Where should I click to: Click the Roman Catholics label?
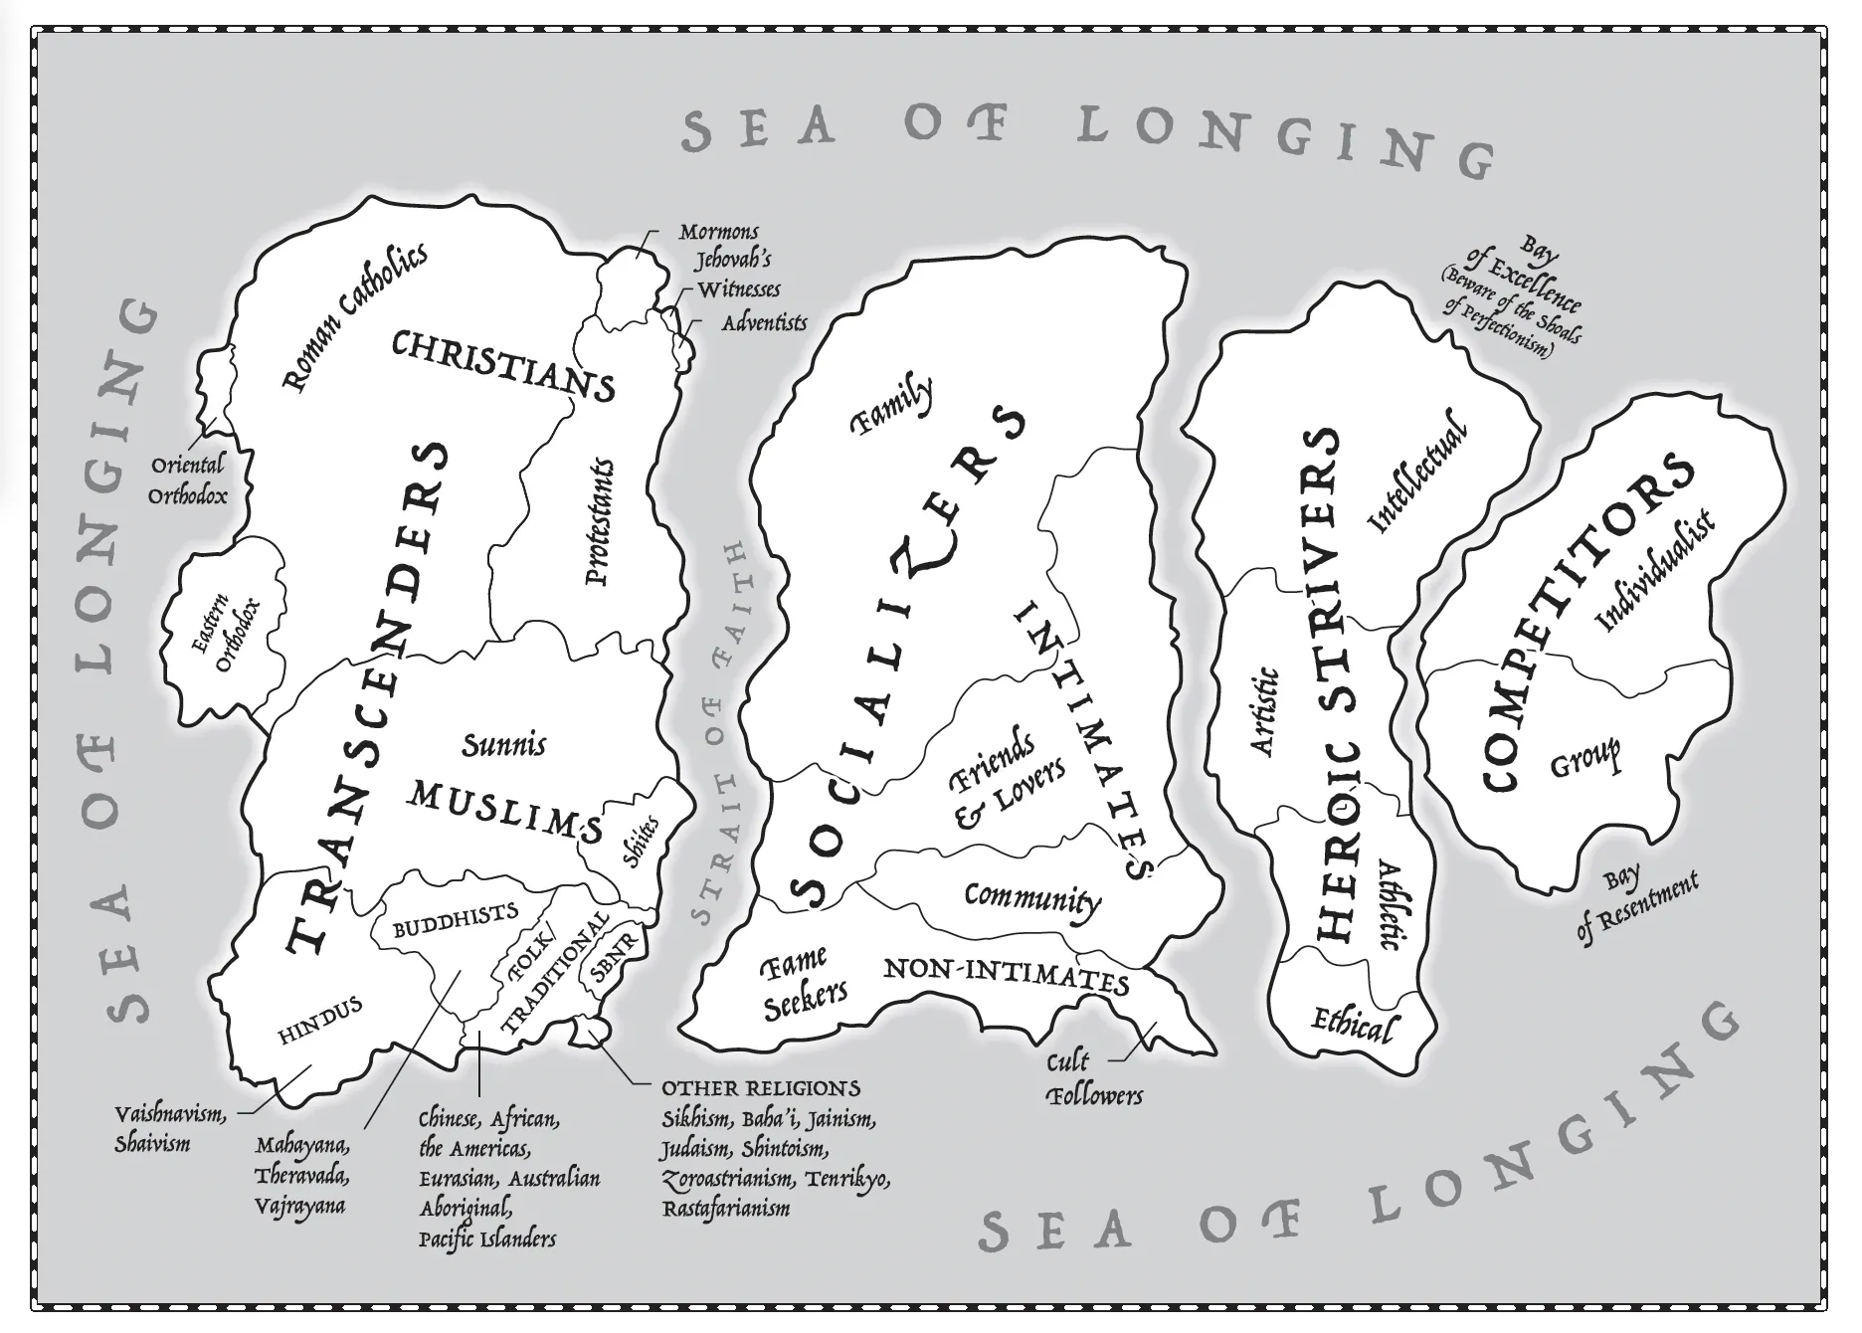pyautogui.click(x=356, y=315)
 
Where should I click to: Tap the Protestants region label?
pyautogui.click(x=600, y=521)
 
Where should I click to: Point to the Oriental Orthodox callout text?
pyautogui.click(x=188, y=478)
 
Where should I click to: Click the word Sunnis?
pyautogui.click(x=504, y=744)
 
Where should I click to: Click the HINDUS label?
pyautogui.click(x=319, y=1021)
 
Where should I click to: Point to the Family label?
pyautogui.click(x=892, y=406)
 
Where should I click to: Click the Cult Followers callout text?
pyautogui.click(x=1093, y=1079)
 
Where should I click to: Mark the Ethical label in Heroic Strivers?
pyautogui.click(x=1354, y=1024)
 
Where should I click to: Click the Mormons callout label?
pyautogui.click(x=718, y=233)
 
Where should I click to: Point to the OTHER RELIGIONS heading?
pyautogui.click(x=761, y=1087)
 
